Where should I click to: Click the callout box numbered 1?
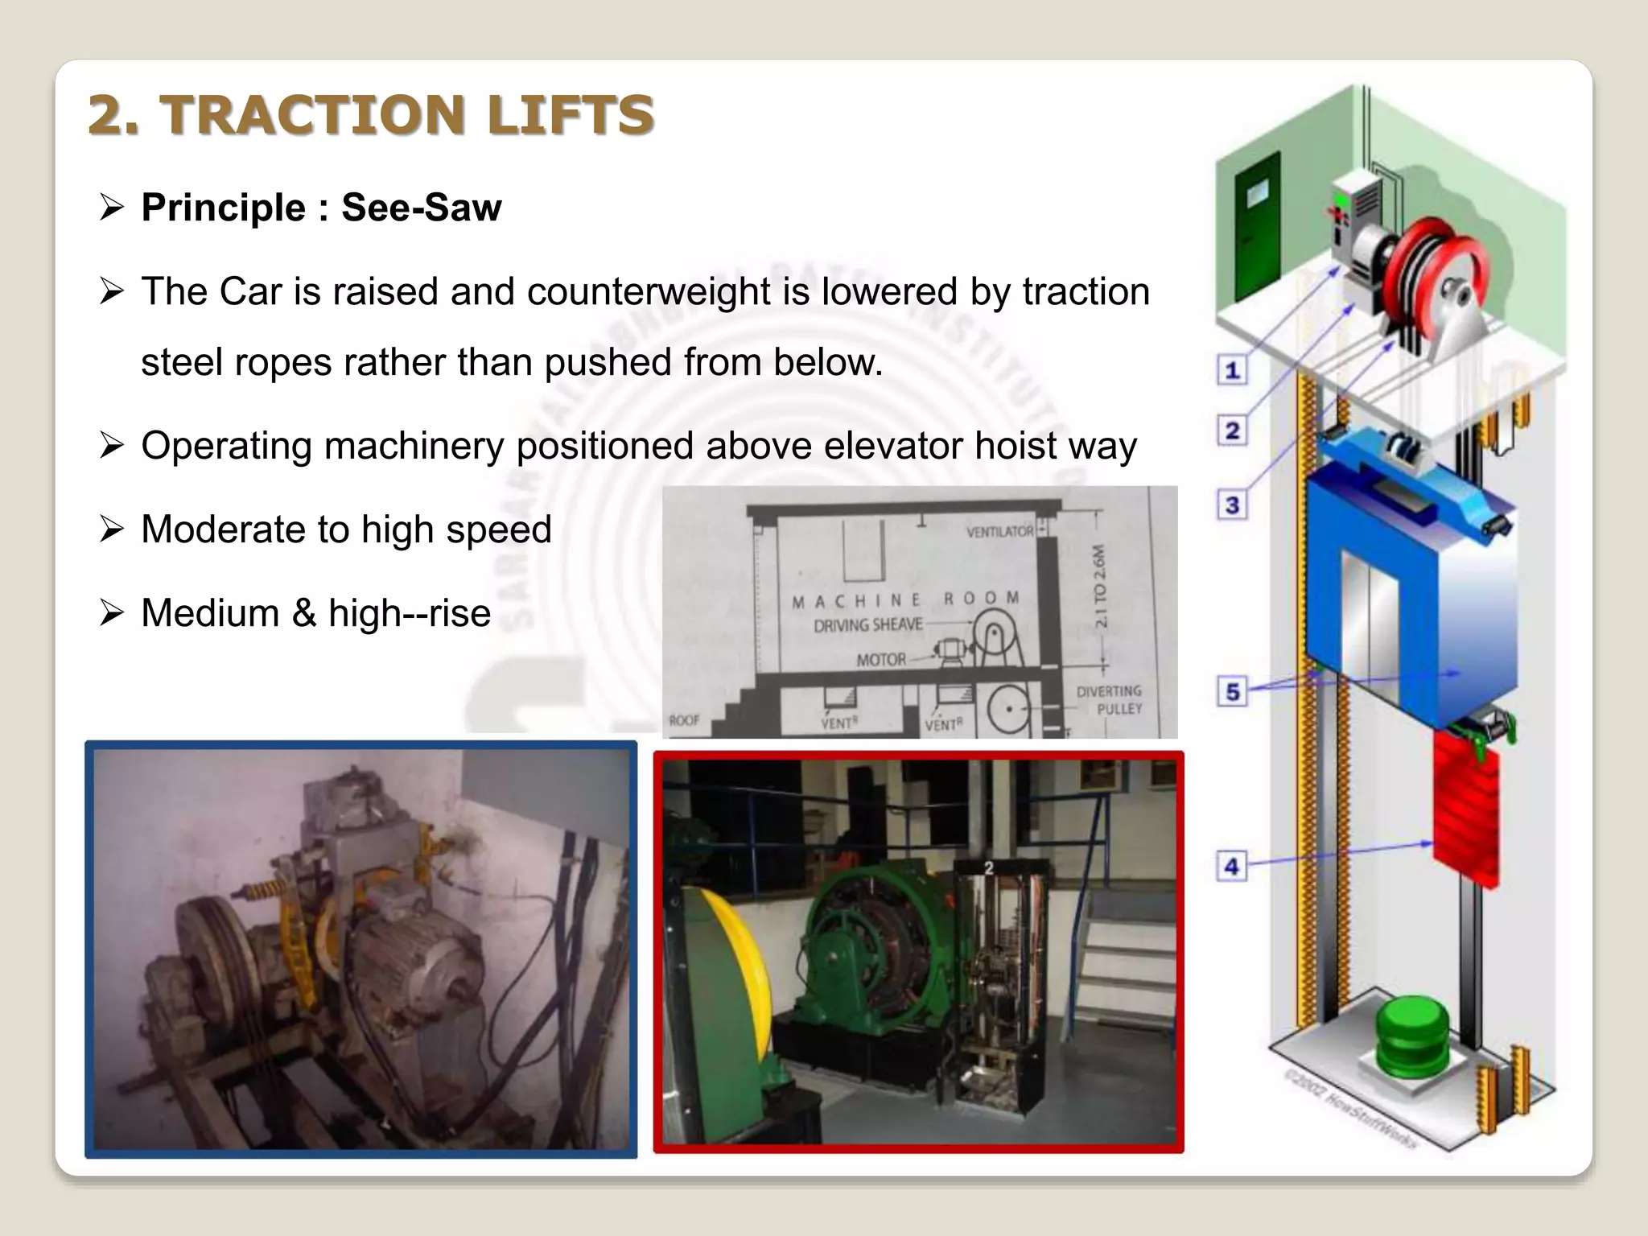pyautogui.click(x=1231, y=371)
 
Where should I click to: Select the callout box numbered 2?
pyautogui.click(x=1231, y=431)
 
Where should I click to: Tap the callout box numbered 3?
pyautogui.click(x=1231, y=505)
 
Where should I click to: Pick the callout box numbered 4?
pyautogui.click(x=1231, y=867)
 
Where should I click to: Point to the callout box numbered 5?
pyautogui.click(x=1232, y=691)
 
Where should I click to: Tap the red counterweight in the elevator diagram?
pyautogui.click(x=1465, y=813)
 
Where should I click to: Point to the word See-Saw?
pyautogui.click(x=421, y=208)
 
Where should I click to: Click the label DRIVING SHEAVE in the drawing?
pyautogui.click(x=867, y=624)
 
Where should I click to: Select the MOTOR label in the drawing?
pyautogui.click(x=880, y=660)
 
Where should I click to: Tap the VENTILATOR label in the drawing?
pyautogui.click(x=999, y=532)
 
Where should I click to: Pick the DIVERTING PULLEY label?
pyautogui.click(x=1110, y=699)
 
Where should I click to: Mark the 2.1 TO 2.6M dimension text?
pyautogui.click(x=1100, y=585)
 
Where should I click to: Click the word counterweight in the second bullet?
pyautogui.click(x=649, y=291)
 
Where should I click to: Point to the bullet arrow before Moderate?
pyautogui.click(x=111, y=529)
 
